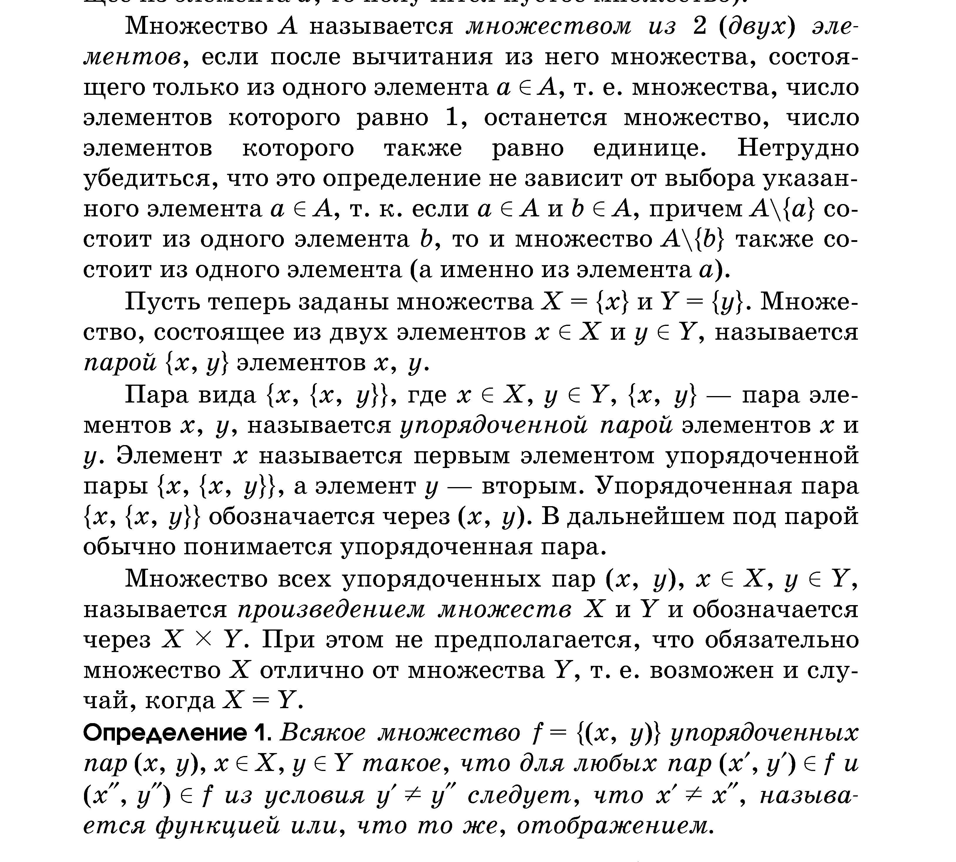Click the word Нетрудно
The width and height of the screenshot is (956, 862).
[x=798, y=148]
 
